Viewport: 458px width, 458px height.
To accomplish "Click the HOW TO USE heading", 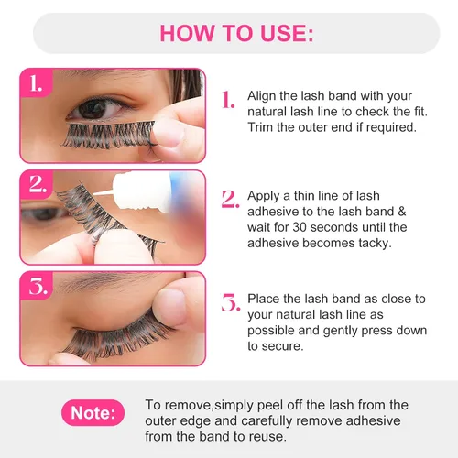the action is pos(236,33).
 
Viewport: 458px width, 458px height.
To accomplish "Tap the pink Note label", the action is pos(93,413).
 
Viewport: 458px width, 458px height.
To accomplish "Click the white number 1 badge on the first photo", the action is pos(36,83).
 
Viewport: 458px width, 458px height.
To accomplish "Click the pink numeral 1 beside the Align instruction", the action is pos(228,99).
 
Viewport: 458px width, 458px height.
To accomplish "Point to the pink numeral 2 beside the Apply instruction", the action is pos(230,199).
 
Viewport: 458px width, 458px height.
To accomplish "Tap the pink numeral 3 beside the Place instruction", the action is pos(231,302).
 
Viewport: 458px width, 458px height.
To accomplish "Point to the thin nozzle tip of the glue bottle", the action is pos(94,194).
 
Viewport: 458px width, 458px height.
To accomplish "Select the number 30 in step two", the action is pos(300,227).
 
